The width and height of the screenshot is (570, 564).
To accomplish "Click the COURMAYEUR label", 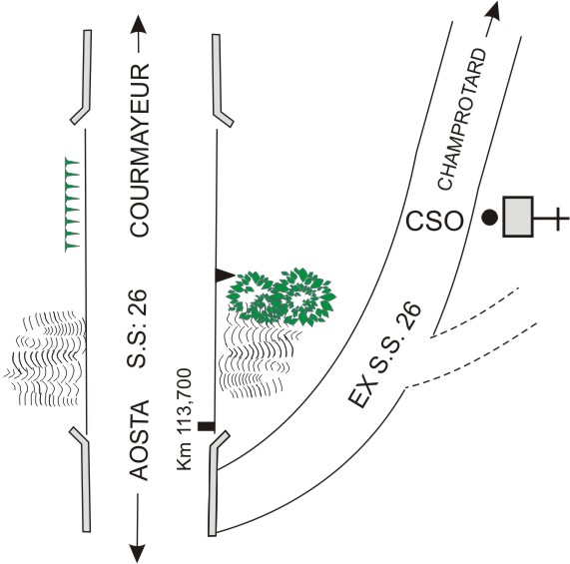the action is click(140, 151).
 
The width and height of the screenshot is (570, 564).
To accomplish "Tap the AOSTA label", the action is click(140, 440).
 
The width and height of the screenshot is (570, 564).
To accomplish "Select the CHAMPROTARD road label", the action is click(461, 119).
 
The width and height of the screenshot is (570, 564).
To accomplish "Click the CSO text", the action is click(434, 221).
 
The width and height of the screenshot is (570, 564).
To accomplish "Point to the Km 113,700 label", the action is click(185, 419).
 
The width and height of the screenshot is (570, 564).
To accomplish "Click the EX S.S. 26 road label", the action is click(384, 354).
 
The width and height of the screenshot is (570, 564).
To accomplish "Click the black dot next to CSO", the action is click(490, 218).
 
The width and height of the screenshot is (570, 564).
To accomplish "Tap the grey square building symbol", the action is click(518, 217).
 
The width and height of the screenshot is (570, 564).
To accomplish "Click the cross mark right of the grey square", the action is click(558, 219).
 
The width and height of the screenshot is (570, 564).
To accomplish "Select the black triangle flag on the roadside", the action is click(225, 276).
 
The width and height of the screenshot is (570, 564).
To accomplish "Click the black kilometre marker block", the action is click(206, 426).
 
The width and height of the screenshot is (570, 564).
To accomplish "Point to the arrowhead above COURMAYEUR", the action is click(138, 25).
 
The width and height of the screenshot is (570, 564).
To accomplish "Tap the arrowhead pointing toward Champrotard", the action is click(494, 10).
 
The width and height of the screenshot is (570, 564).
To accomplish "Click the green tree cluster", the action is click(281, 296).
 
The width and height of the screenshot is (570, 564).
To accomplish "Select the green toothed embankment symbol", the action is click(72, 205).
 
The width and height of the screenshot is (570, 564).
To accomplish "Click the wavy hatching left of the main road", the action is click(47, 358).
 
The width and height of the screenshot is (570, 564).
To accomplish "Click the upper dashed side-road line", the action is click(474, 313).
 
